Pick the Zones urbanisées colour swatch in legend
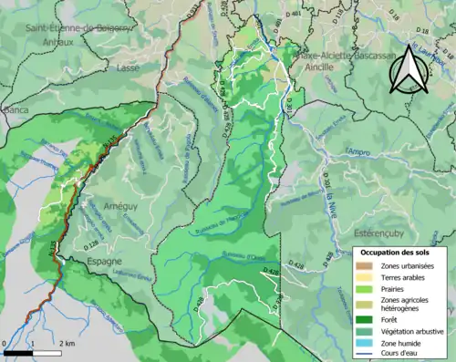pyautogui.click(x=364, y=265)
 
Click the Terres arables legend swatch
pyautogui.click(x=364, y=277)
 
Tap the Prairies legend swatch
pyautogui.click(x=364, y=289)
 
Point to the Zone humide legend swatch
pyautogui.click(x=364, y=343)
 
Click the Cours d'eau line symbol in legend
pyautogui.click(x=364, y=354)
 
